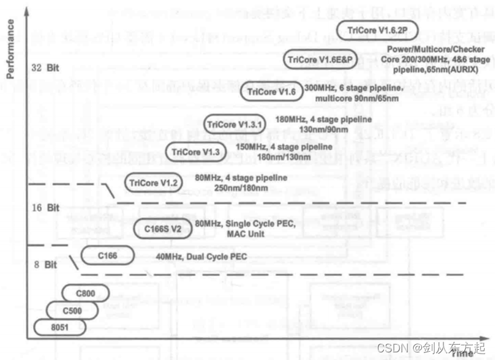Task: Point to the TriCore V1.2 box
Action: pos(153,183)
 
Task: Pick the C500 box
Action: pos(73,310)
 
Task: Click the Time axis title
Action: pos(462,353)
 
